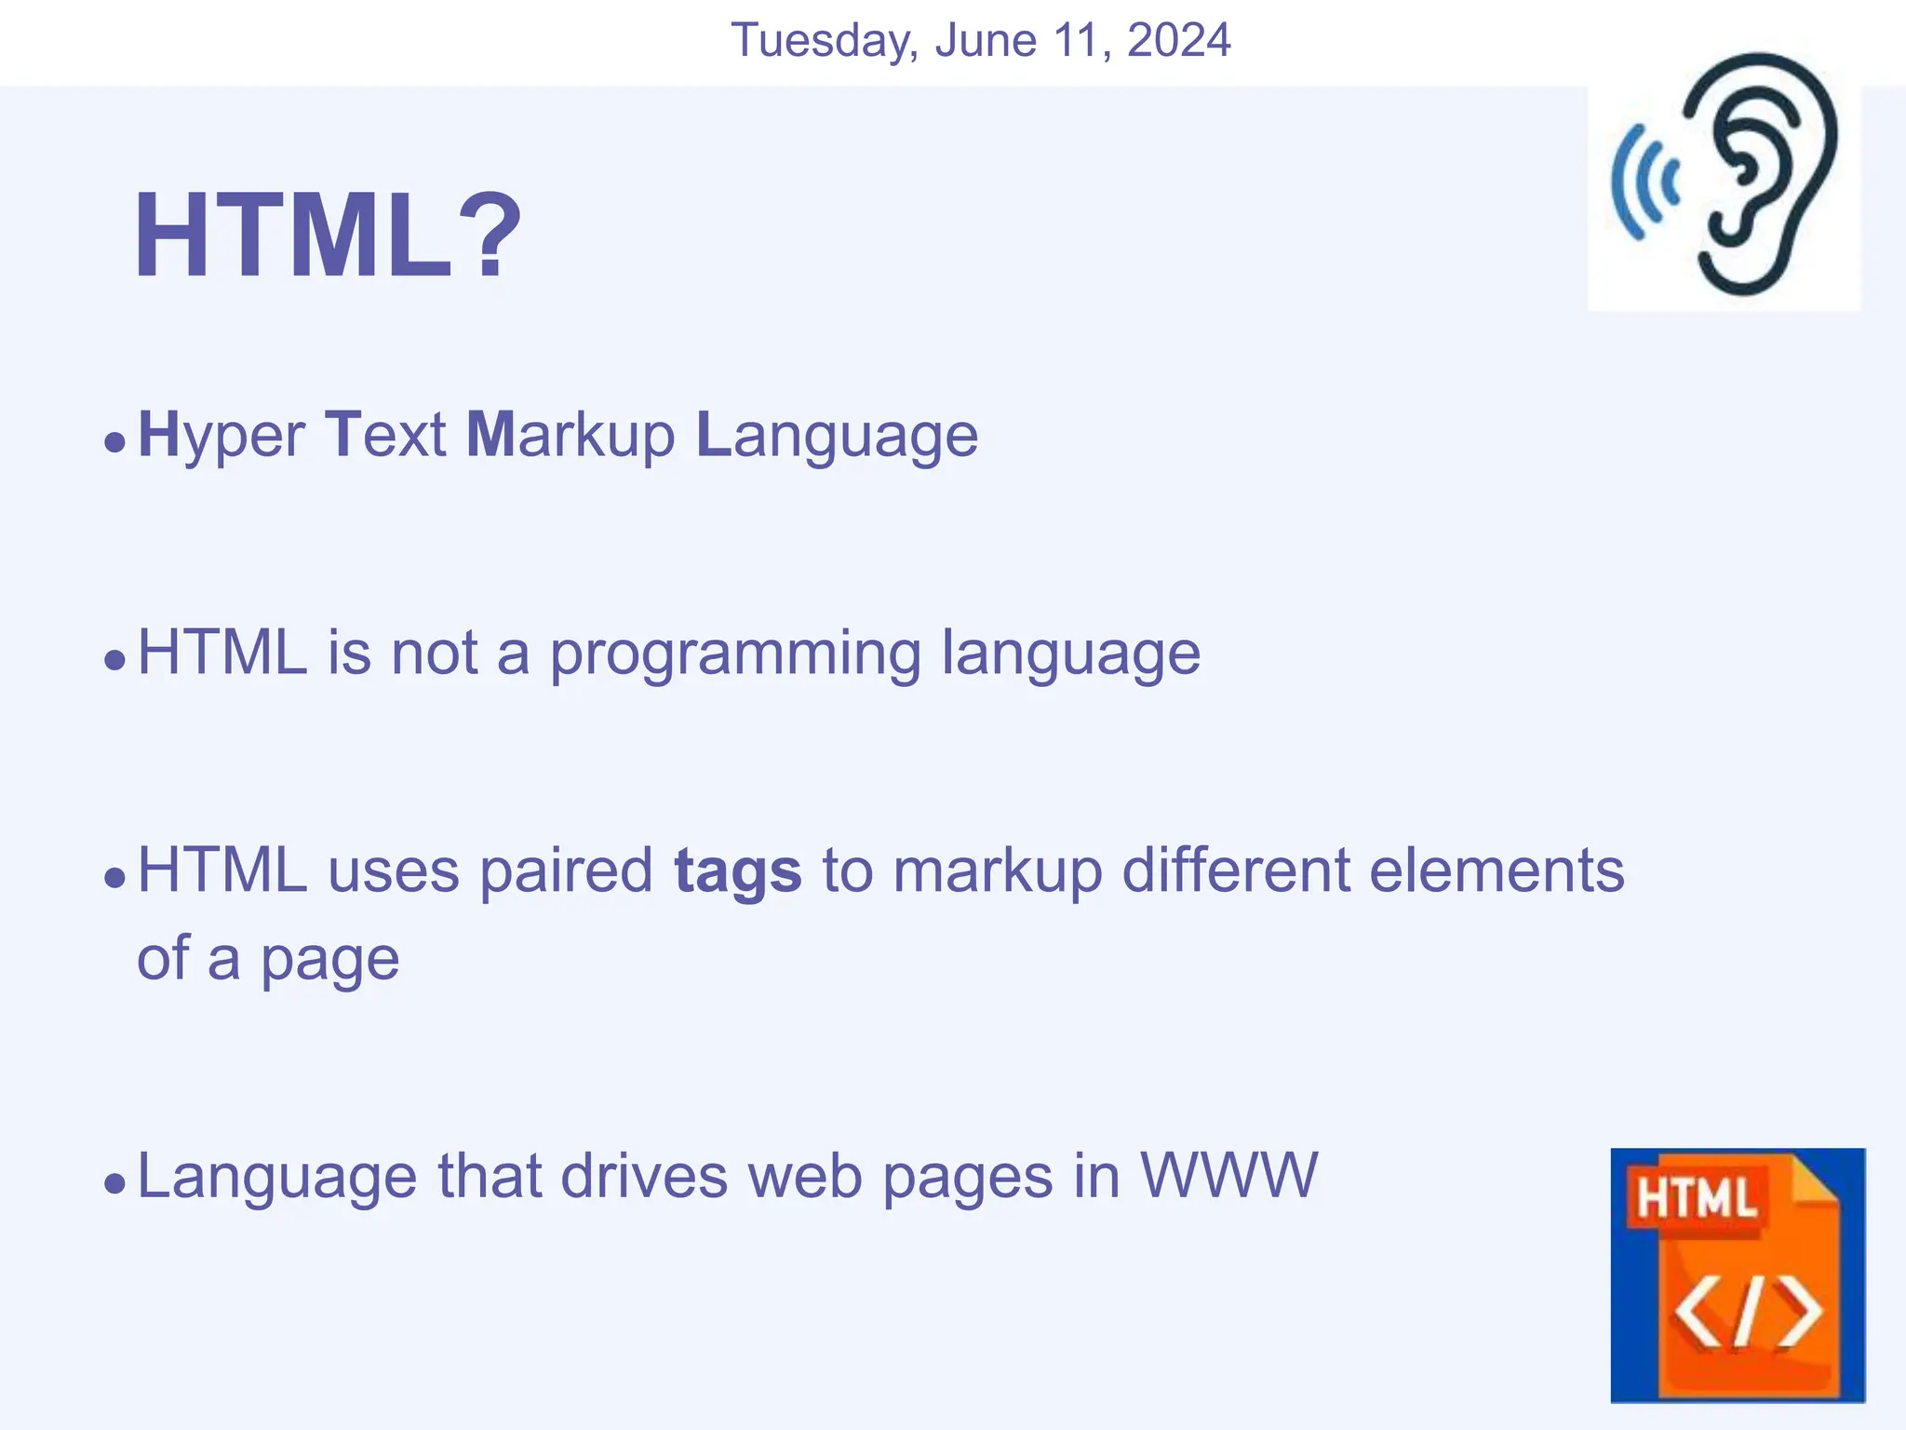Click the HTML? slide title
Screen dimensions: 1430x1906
328,235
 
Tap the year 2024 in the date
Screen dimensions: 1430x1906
1178,41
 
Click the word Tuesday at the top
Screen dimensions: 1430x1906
825,41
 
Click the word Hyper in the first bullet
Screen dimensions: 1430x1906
221,435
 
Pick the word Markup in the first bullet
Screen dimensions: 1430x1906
570,435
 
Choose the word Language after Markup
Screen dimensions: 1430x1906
837,435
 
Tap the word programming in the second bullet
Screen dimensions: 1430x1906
735,654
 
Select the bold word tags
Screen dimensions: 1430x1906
737,872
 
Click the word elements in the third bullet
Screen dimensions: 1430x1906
1497,870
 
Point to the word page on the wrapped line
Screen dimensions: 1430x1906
329,959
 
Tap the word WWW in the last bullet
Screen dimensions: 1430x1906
1228,1175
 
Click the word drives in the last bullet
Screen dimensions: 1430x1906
645,1175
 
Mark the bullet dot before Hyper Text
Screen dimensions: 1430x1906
114,441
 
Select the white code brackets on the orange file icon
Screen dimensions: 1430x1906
1748,1313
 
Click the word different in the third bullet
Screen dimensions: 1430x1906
1234,870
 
